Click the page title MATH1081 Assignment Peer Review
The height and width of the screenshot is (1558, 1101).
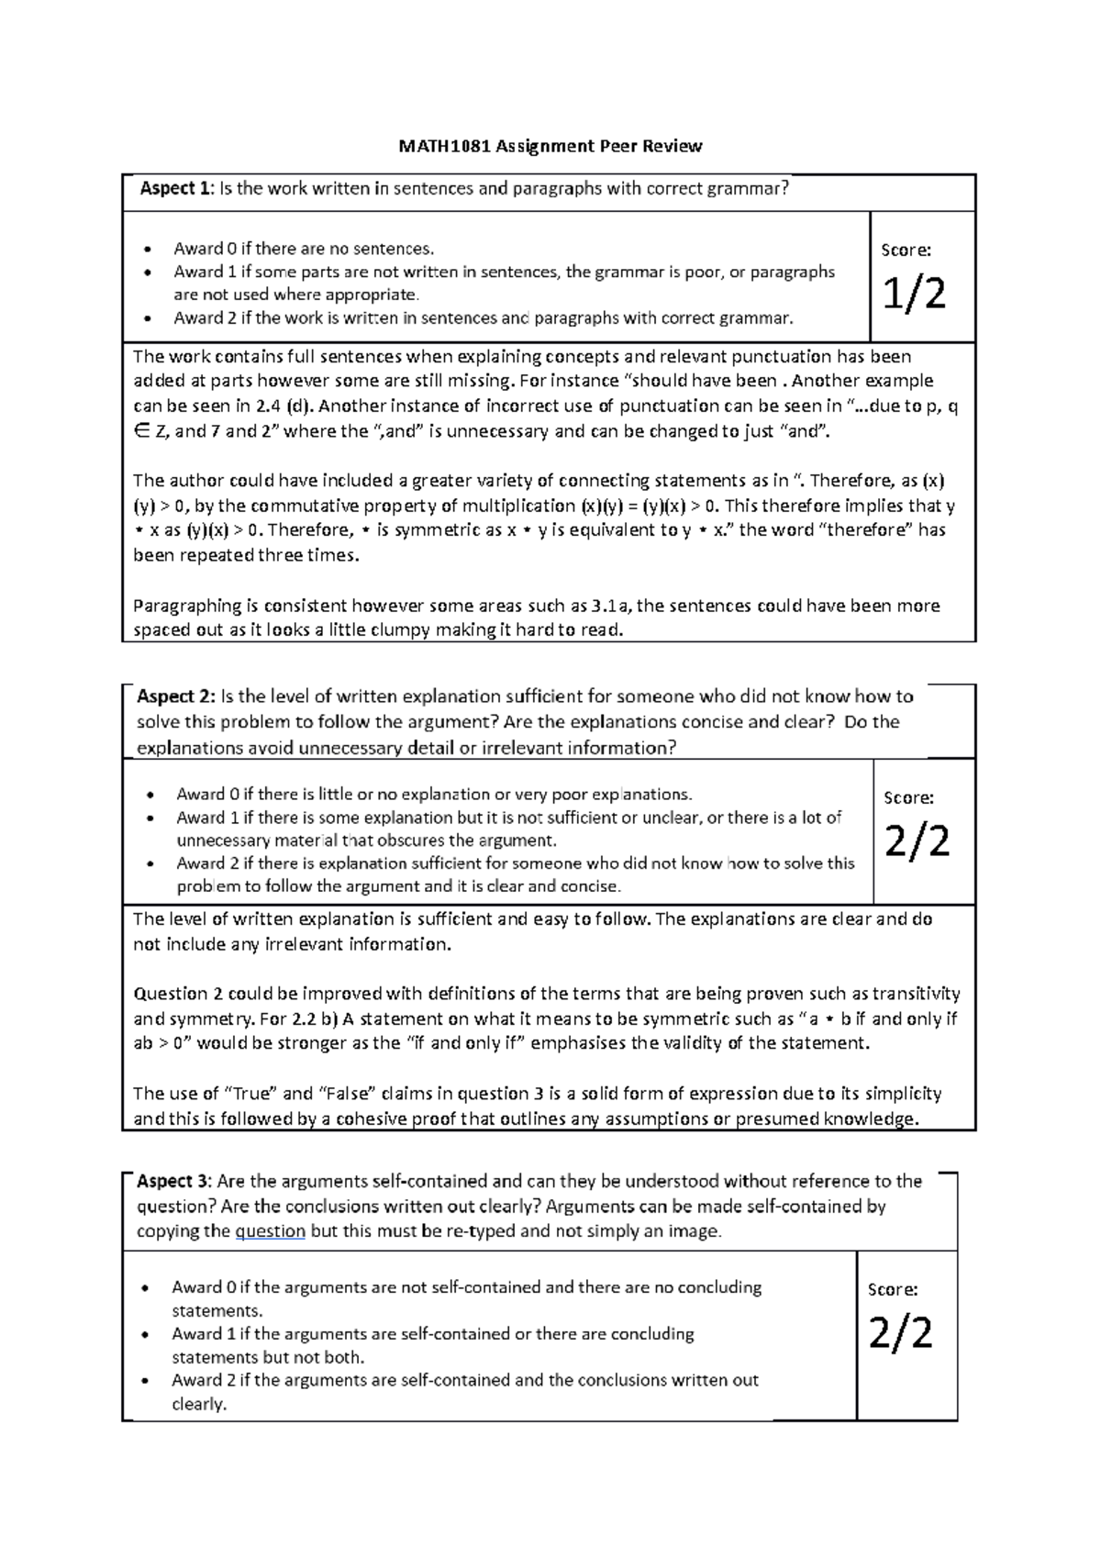point(550,146)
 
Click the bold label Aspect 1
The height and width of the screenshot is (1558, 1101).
point(174,189)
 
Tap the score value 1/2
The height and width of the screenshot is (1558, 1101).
point(914,294)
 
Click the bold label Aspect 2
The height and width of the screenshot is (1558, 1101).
point(175,696)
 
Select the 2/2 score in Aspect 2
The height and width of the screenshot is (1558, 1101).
point(917,841)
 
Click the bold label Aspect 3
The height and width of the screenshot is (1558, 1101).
point(173,1181)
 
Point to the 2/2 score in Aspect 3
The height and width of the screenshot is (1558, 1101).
point(900,1333)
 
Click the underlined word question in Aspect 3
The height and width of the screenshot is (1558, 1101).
point(270,1231)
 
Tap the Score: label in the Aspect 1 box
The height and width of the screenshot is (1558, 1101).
point(906,250)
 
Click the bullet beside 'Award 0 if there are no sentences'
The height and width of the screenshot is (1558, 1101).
point(147,250)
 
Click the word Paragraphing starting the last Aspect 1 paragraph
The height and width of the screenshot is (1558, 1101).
point(187,606)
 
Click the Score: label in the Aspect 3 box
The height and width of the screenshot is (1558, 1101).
point(892,1289)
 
